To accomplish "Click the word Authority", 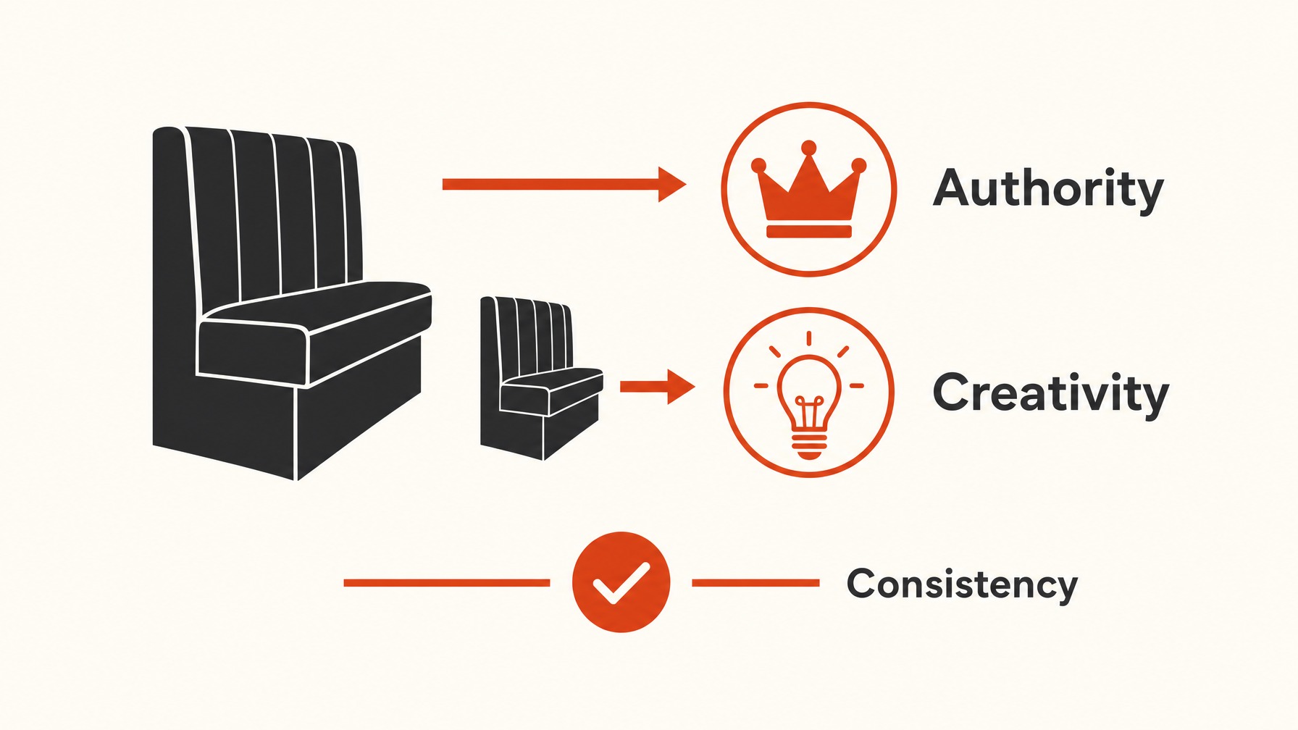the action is (x=1048, y=190).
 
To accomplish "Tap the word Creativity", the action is (x=1050, y=394).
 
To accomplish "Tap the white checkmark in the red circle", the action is (x=621, y=582).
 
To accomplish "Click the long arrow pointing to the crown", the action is (x=564, y=184).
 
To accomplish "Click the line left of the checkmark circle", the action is (x=446, y=582).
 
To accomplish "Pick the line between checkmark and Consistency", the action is (x=755, y=582).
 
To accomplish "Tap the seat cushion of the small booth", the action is (x=550, y=391).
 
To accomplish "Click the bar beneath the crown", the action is (x=808, y=232).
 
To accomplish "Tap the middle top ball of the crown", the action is (x=808, y=148).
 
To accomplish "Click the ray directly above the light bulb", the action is (x=808, y=339).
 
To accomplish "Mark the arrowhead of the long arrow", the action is (x=672, y=184).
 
